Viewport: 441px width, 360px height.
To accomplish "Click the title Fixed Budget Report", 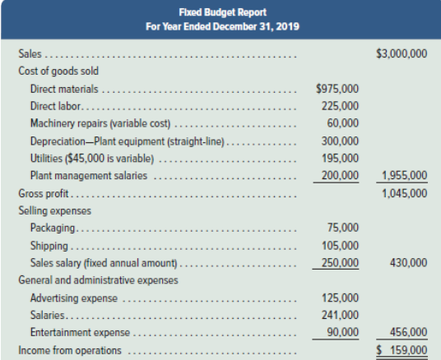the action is pos(222,12).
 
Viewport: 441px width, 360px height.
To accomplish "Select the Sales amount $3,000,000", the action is pos(402,53).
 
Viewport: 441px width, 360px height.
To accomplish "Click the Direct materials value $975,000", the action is pos(337,89).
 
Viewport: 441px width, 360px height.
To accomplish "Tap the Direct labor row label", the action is pos(55,106).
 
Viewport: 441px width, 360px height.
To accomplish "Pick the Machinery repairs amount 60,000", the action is pos(342,123).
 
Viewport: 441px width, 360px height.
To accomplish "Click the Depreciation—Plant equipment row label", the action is pos(128,141).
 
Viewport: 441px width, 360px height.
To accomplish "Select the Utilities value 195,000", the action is pos(341,158).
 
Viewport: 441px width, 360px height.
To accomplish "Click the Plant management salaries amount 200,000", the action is pos(341,175).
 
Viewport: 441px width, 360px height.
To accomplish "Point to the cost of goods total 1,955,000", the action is pos(405,175).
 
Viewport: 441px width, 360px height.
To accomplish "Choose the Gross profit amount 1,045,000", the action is pos(405,193).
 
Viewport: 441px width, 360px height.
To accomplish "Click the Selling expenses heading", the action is pos(55,210).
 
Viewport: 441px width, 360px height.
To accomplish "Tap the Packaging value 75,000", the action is pos(343,228).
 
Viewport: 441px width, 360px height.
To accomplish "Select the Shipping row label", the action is pos(49,246).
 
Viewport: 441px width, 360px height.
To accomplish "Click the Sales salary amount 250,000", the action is pos(341,262).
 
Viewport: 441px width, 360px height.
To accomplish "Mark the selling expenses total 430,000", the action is pos(408,262).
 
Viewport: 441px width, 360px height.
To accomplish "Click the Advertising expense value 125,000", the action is pos(341,298).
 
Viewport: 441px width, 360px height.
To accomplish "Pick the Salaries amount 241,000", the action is pos(341,315).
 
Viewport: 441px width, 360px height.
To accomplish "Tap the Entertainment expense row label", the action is pos(80,332).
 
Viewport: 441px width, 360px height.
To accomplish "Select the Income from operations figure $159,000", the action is pos(402,350).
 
